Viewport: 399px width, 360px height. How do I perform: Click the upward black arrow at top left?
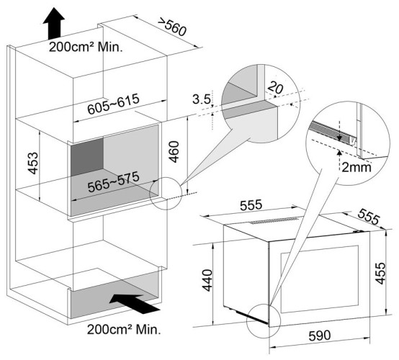pos(54,23)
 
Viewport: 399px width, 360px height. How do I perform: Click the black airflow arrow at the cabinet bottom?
pos(135,304)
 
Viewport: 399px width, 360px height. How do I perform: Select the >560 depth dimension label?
pos(172,27)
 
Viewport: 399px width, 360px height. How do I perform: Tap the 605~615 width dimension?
pos(114,104)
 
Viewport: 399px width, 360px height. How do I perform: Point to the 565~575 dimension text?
pos(114,181)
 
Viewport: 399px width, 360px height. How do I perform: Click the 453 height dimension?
pos(33,163)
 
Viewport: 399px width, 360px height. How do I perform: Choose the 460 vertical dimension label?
pos(174,152)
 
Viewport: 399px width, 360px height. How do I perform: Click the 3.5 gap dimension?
pos(202,99)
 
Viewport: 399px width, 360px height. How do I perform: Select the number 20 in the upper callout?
pos(275,87)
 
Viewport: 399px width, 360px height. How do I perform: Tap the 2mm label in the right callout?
pos(357,168)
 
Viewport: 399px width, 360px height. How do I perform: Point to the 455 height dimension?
pos(381,273)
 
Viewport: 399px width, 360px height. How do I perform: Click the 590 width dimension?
pos(320,336)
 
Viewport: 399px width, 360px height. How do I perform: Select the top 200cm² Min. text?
pos(86,48)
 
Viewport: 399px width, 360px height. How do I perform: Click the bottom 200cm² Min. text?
pos(124,330)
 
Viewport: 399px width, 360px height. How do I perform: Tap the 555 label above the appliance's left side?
pos(251,205)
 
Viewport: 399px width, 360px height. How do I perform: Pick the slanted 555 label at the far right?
pos(369,217)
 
